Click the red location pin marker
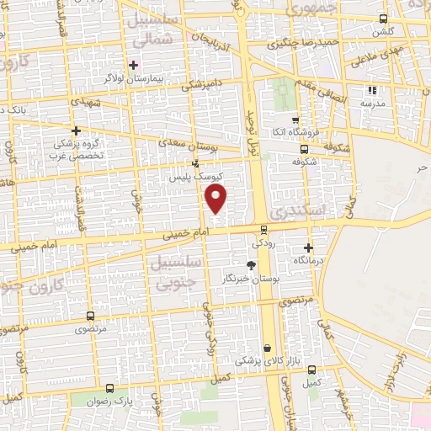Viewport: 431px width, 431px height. pos(216,199)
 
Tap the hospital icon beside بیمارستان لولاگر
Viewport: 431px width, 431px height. pos(133,65)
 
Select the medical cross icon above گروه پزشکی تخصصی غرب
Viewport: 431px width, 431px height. pos(76,130)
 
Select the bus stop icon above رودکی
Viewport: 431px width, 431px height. pos(263,228)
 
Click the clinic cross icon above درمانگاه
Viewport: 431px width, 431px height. pos(309,247)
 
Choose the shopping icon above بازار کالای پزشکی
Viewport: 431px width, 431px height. pos(267,348)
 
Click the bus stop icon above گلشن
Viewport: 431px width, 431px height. pos(383,19)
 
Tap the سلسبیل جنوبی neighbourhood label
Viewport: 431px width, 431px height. pos(174,273)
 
